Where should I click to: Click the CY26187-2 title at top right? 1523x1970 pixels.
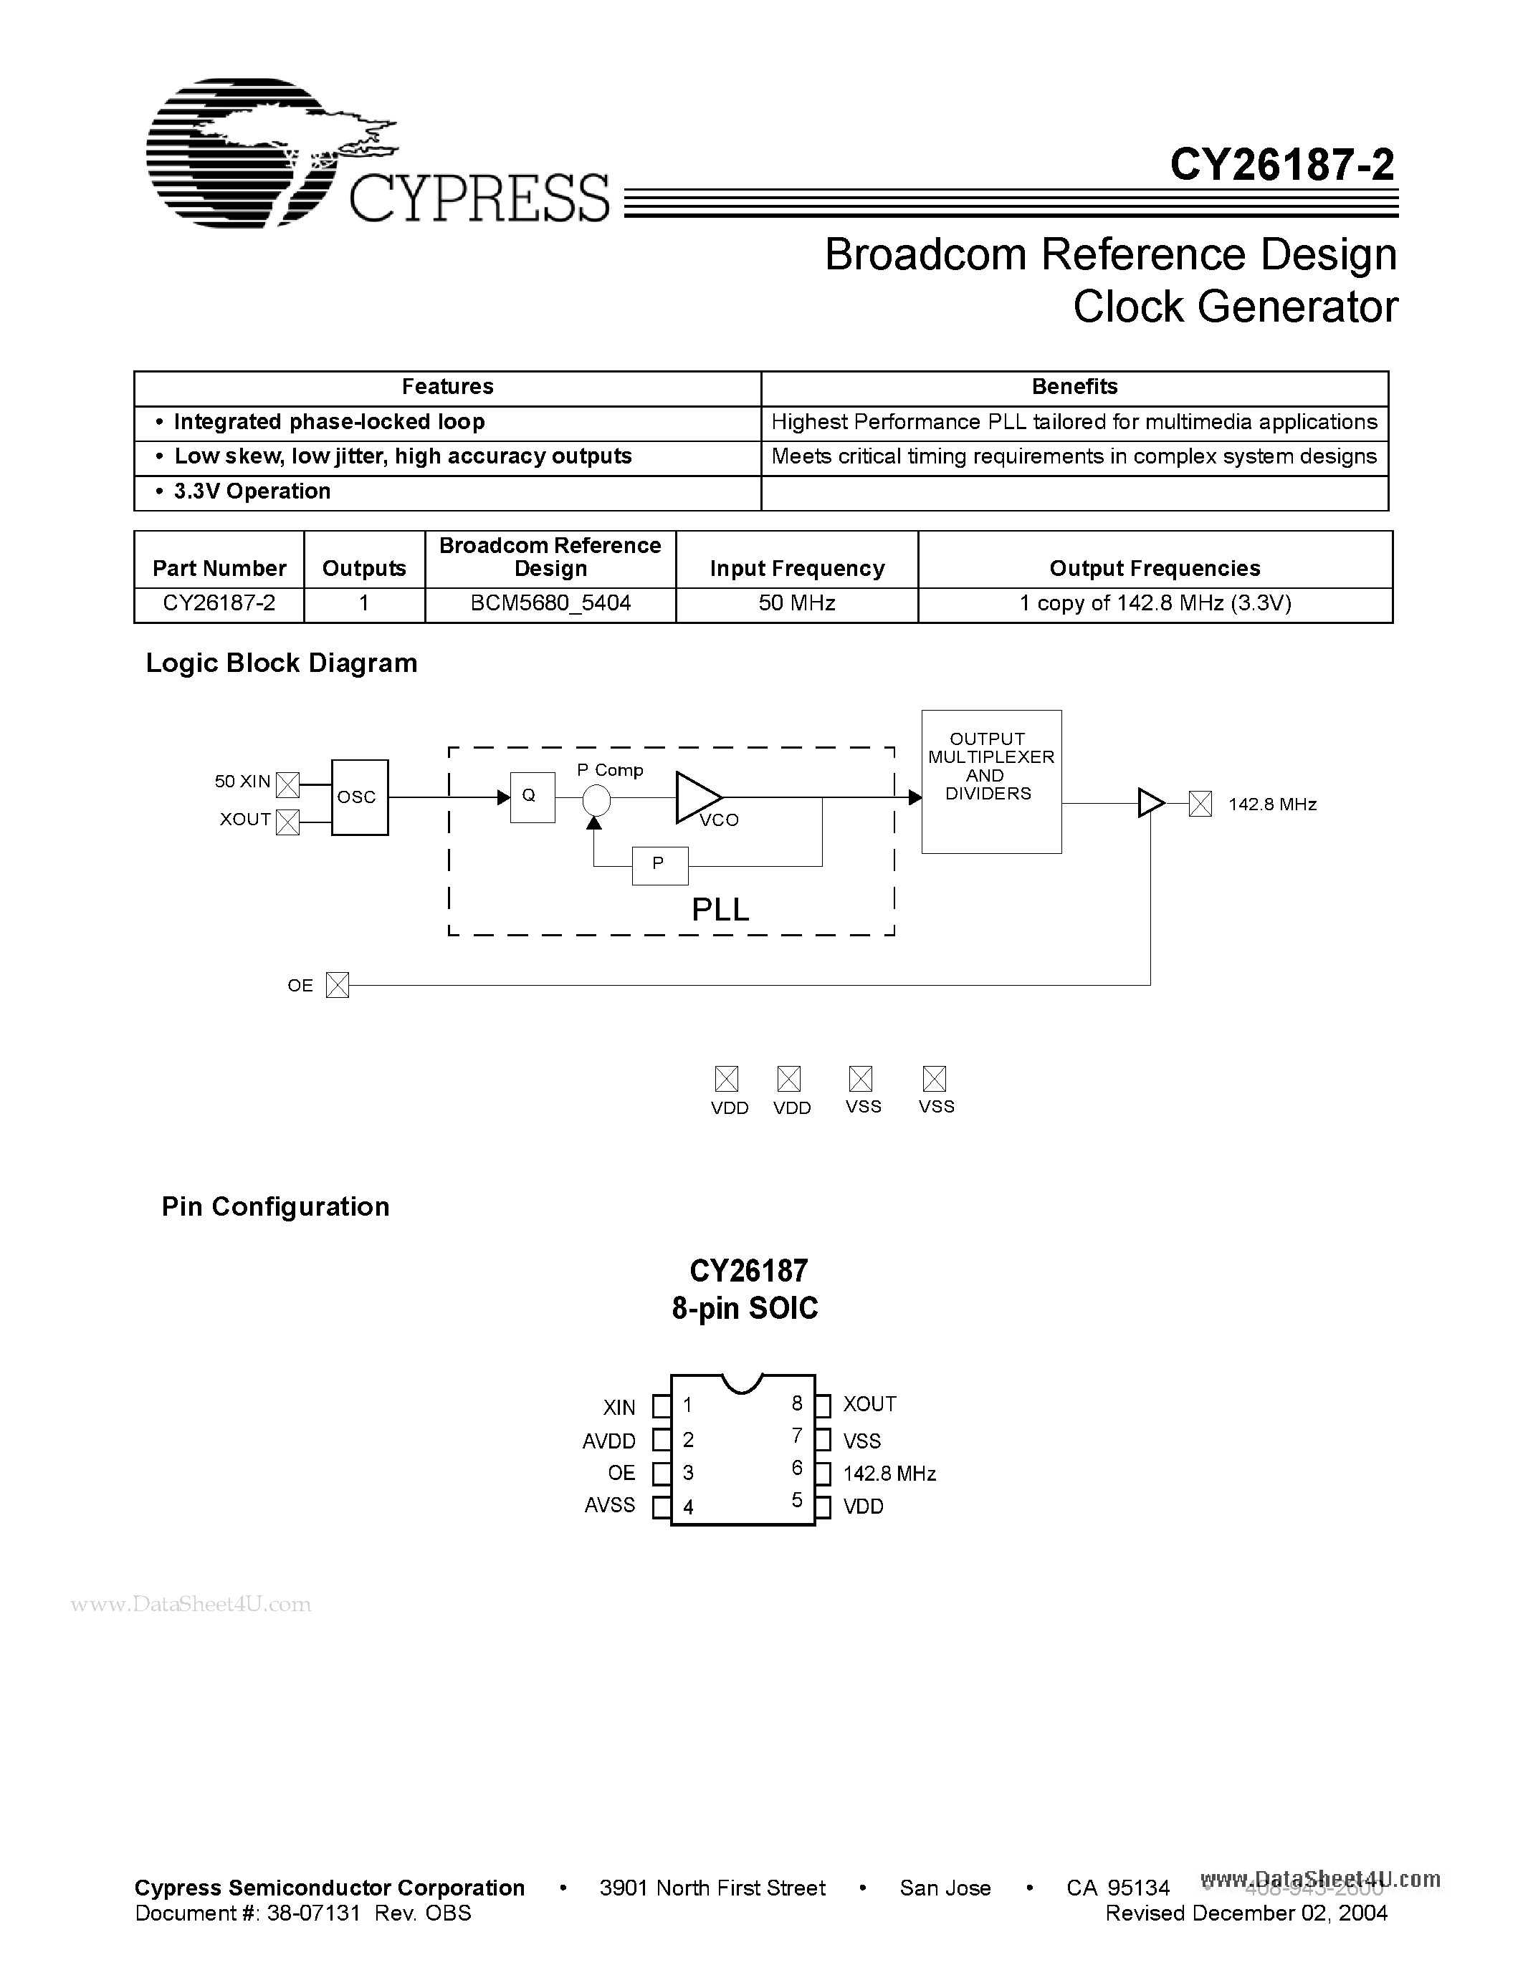[1281, 165]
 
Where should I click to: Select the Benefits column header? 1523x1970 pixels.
[1074, 387]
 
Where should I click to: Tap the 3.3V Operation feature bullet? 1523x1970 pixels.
[252, 491]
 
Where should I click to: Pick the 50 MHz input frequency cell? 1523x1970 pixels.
[797, 603]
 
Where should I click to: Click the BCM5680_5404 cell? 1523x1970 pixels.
[550, 603]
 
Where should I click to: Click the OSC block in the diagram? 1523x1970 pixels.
[359, 797]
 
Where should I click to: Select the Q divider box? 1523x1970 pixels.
[531, 797]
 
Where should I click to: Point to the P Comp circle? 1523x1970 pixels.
[596, 799]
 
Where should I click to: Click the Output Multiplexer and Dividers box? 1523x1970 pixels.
[990, 781]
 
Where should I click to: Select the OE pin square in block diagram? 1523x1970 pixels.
[338, 985]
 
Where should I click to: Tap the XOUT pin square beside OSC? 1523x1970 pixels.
[287, 822]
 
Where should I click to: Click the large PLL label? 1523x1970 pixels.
[720, 909]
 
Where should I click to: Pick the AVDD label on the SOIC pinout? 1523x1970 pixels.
[609, 1441]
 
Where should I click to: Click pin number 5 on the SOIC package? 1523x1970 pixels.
[797, 1500]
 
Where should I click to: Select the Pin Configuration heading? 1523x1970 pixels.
[275, 1207]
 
